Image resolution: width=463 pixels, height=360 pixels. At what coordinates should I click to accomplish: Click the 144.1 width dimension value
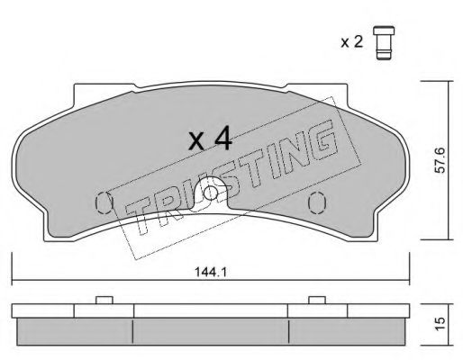tap(211, 273)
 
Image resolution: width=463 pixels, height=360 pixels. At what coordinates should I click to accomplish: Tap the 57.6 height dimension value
tap(440, 160)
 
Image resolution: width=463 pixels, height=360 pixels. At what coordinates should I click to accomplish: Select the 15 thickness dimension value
tap(440, 324)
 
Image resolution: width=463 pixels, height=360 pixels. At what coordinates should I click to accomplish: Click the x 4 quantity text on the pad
tap(210, 139)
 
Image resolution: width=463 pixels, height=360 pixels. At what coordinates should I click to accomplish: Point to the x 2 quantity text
tap(351, 42)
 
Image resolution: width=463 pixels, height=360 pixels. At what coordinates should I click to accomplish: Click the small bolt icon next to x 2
tap(384, 43)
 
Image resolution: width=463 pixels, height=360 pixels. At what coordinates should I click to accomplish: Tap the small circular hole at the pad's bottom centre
tap(210, 193)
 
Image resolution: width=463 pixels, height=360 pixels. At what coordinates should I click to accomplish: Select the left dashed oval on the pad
tap(104, 202)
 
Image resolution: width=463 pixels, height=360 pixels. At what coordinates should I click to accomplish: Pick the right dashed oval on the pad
tap(317, 202)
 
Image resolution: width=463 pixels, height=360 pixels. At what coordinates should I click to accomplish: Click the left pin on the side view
tap(104, 300)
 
